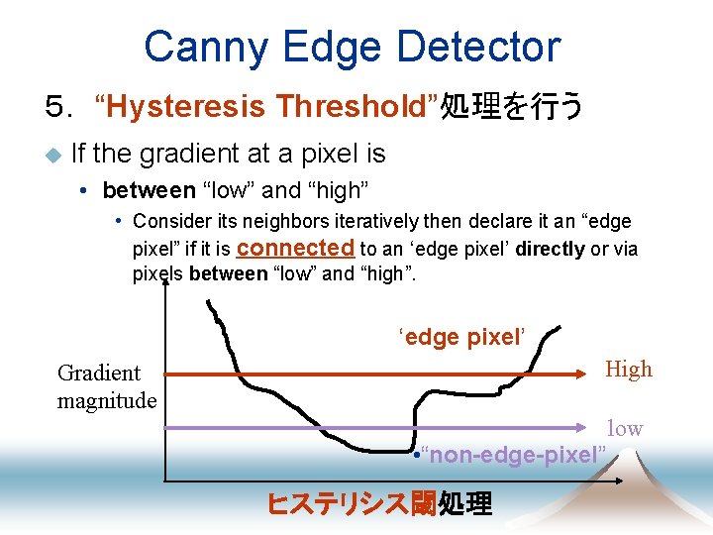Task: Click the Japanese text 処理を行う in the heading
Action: (x=512, y=106)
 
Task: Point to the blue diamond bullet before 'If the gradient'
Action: (x=52, y=155)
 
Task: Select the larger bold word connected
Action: (x=295, y=248)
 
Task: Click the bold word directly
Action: (x=549, y=249)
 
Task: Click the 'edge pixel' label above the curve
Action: (x=459, y=337)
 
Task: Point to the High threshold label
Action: (x=629, y=370)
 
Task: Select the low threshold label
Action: (x=625, y=428)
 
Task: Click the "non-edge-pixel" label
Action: (x=514, y=455)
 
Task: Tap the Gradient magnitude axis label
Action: (x=106, y=386)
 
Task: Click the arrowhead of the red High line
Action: (x=590, y=375)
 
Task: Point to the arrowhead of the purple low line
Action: (x=595, y=428)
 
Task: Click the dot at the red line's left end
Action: (x=166, y=375)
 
